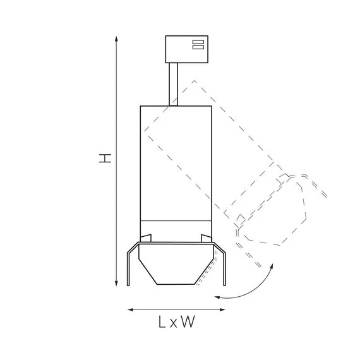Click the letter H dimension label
pyautogui.click(x=105, y=159)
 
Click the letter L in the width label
pyautogui.click(x=162, y=321)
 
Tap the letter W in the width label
pyautogui.click(x=188, y=321)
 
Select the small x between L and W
pyautogui.click(x=174, y=323)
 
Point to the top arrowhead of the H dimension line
pyautogui.click(x=116, y=39)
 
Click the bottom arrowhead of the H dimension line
pyautogui.click(x=116, y=284)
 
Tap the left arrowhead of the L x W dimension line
pyautogui.click(x=130, y=309)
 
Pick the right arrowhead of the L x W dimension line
pyautogui.click(x=222, y=309)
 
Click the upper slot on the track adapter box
pyautogui.click(x=198, y=42)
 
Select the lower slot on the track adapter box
pyautogui.click(x=198, y=47)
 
